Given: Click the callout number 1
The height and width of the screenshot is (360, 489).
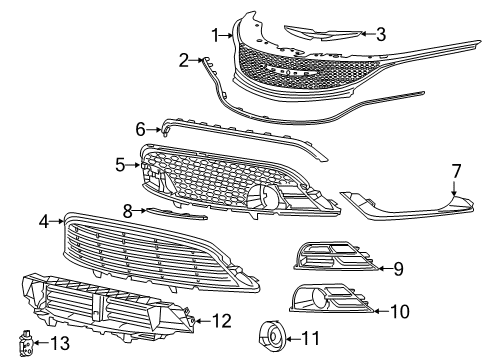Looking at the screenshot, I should point(214,35).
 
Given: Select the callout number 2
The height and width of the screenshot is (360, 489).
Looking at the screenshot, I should point(183,61).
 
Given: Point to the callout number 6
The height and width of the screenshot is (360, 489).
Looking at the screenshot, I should point(141,128).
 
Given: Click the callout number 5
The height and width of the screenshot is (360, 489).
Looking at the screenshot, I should point(119,164).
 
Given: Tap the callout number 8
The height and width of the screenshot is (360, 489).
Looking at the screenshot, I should point(127,210).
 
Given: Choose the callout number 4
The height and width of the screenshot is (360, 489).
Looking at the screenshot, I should point(44,220).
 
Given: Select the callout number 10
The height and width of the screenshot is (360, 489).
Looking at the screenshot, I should point(399,311).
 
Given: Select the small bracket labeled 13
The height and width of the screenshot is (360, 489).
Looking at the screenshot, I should point(27,344).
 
